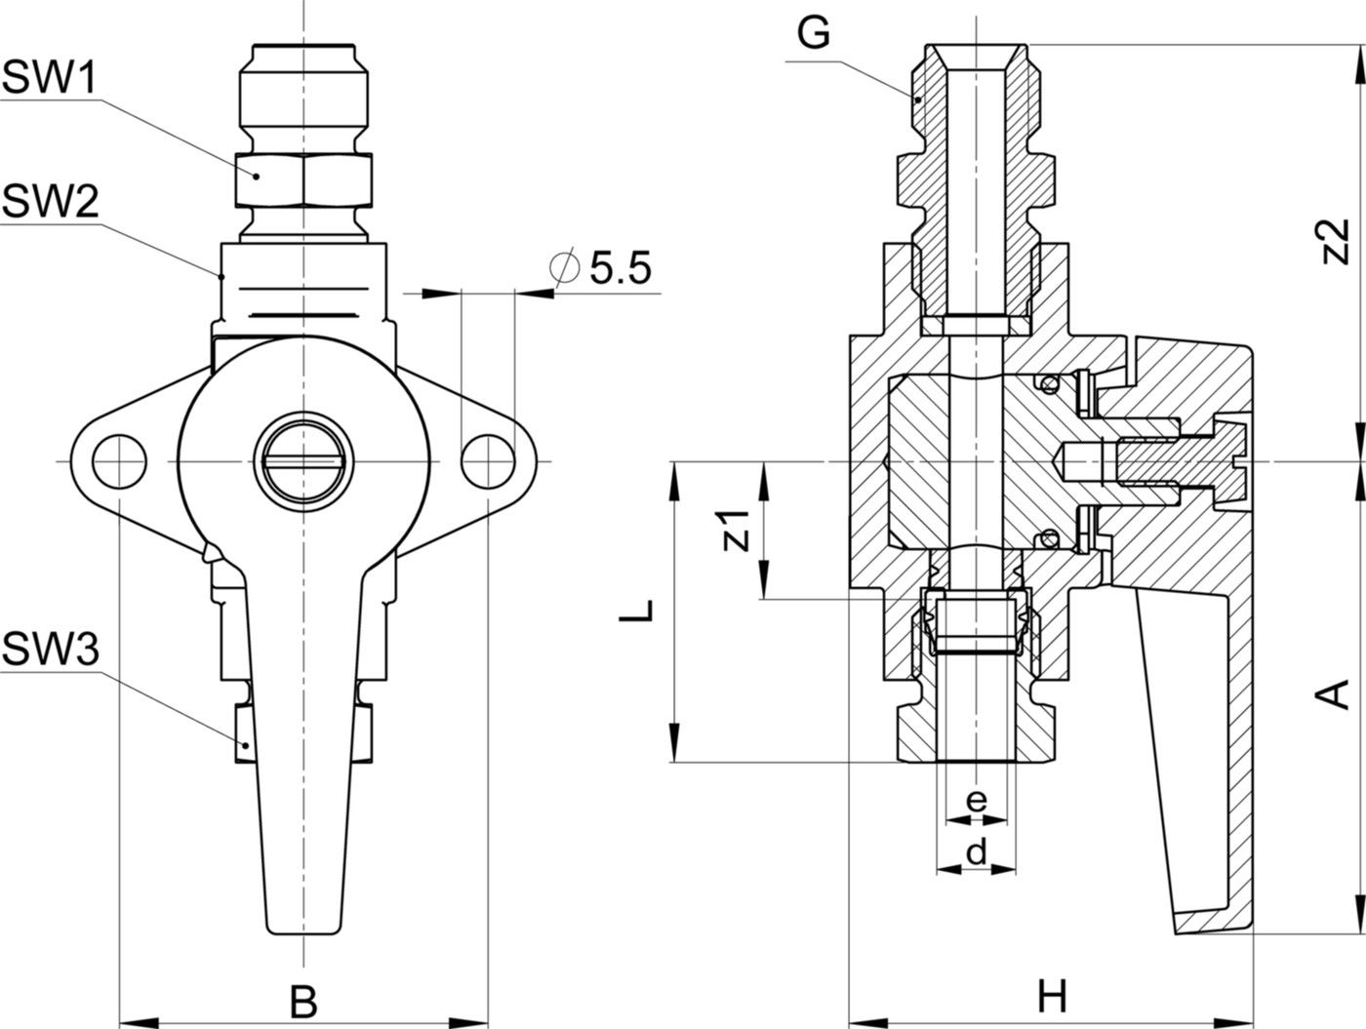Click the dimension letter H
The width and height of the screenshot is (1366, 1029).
[1051, 997]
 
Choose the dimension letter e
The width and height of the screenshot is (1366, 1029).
[976, 801]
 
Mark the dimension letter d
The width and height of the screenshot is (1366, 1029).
[976, 852]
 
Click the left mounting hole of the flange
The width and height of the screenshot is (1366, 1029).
[118, 459]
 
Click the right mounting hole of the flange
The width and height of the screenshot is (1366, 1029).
[487, 459]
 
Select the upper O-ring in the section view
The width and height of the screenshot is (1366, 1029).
[1049, 383]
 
